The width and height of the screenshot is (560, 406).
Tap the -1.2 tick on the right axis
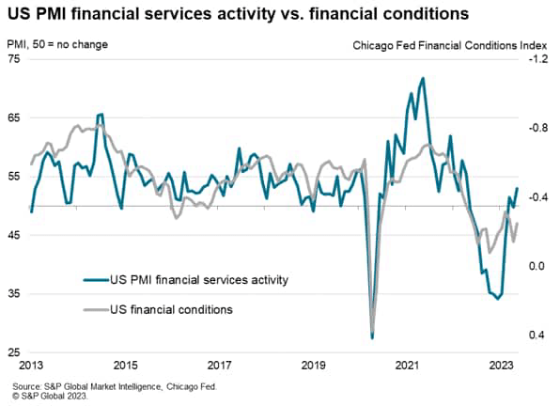[537, 59]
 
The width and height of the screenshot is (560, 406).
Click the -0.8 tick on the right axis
[537, 128]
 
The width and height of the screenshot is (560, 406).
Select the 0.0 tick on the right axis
[537, 266]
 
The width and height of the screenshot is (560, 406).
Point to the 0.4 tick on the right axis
[537, 336]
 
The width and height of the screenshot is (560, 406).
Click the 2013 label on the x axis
[32, 365]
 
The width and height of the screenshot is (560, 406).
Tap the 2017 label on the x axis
[219, 365]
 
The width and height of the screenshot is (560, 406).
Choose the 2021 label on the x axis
[406, 365]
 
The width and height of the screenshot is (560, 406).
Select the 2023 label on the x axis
[500, 365]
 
